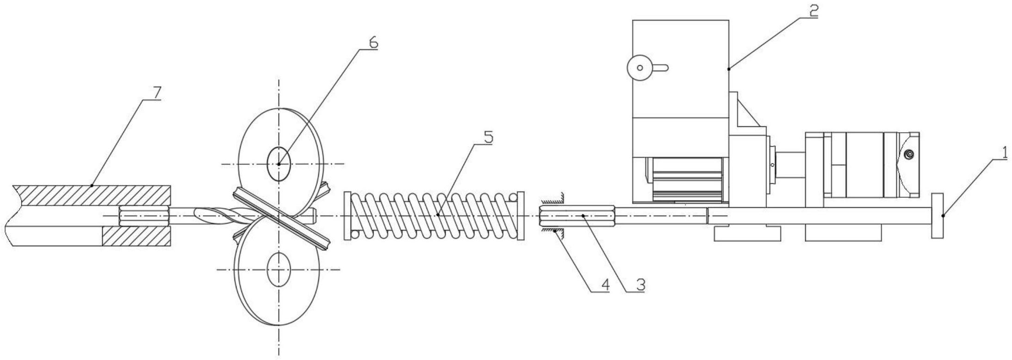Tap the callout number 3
tap(640, 286)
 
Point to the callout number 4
tap(604, 286)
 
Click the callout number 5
tap(488, 138)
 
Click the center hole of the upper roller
tap(279, 164)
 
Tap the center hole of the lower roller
tap(279, 269)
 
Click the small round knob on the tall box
tap(640, 68)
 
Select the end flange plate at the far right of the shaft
tap(937, 216)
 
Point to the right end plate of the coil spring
tap(521, 216)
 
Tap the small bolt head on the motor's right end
tap(909, 154)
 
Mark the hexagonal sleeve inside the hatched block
tap(143, 216)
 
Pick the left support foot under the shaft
tap(747, 233)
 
